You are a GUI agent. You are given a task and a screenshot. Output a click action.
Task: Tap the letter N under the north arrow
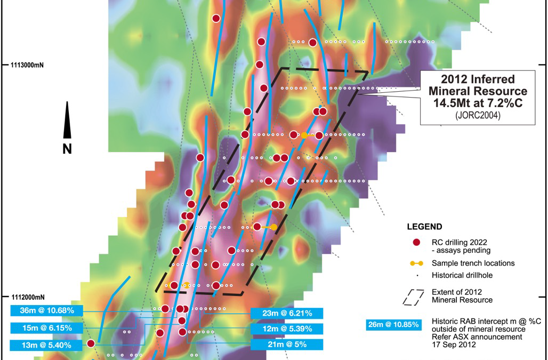pyautogui.click(x=67, y=149)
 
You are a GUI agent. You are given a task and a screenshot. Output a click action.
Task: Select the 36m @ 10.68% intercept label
pyautogui.click(x=46, y=310)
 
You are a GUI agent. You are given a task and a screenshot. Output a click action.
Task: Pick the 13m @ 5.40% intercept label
pyautogui.click(x=46, y=345)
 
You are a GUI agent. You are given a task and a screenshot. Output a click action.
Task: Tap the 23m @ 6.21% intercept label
pyautogui.click(x=287, y=313)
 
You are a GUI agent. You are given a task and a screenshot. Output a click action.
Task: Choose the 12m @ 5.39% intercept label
pyautogui.click(x=287, y=329)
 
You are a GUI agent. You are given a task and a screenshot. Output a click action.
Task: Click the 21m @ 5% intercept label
pyautogui.click(x=287, y=345)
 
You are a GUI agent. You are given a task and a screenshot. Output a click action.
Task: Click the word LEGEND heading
pyautogui.click(x=424, y=227)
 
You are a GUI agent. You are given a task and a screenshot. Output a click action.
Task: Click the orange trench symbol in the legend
pyautogui.click(x=417, y=263)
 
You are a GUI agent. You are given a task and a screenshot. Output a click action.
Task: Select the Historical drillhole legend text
pyautogui.click(x=462, y=276)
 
